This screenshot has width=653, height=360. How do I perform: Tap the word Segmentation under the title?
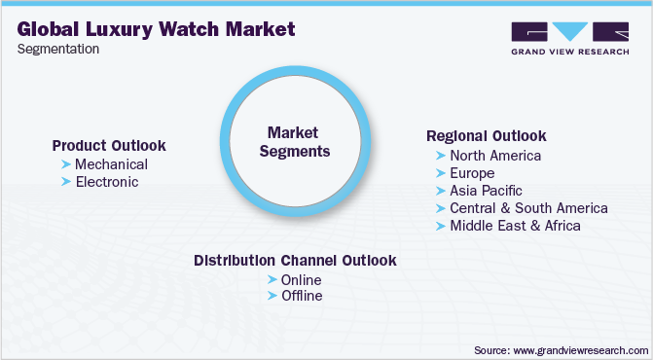click(57, 50)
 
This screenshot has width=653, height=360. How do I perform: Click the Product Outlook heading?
click(109, 145)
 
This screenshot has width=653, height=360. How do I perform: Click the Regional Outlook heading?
click(487, 135)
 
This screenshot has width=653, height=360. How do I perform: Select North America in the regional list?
click(495, 155)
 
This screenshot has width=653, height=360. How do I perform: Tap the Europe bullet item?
click(472, 172)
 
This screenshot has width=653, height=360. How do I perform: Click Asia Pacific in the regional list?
click(486, 190)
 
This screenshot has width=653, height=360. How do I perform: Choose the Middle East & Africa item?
click(515, 225)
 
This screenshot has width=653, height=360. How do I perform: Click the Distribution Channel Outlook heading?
click(295, 261)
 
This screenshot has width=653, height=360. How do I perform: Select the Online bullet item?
click(301, 279)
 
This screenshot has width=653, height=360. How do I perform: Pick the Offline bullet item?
click(301, 296)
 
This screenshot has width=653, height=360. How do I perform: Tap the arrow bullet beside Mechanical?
click(66, 163)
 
